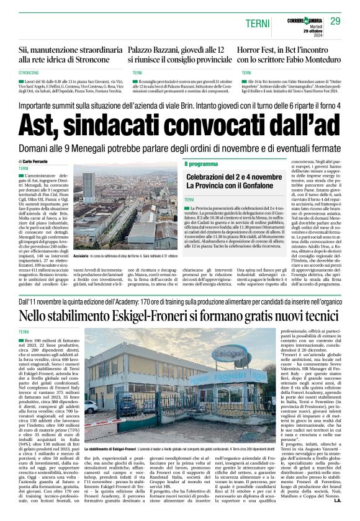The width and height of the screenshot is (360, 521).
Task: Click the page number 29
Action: [335, 22]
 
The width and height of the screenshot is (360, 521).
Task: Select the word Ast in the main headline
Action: [40, 125]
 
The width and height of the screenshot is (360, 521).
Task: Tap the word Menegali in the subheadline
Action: [110, 149]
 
